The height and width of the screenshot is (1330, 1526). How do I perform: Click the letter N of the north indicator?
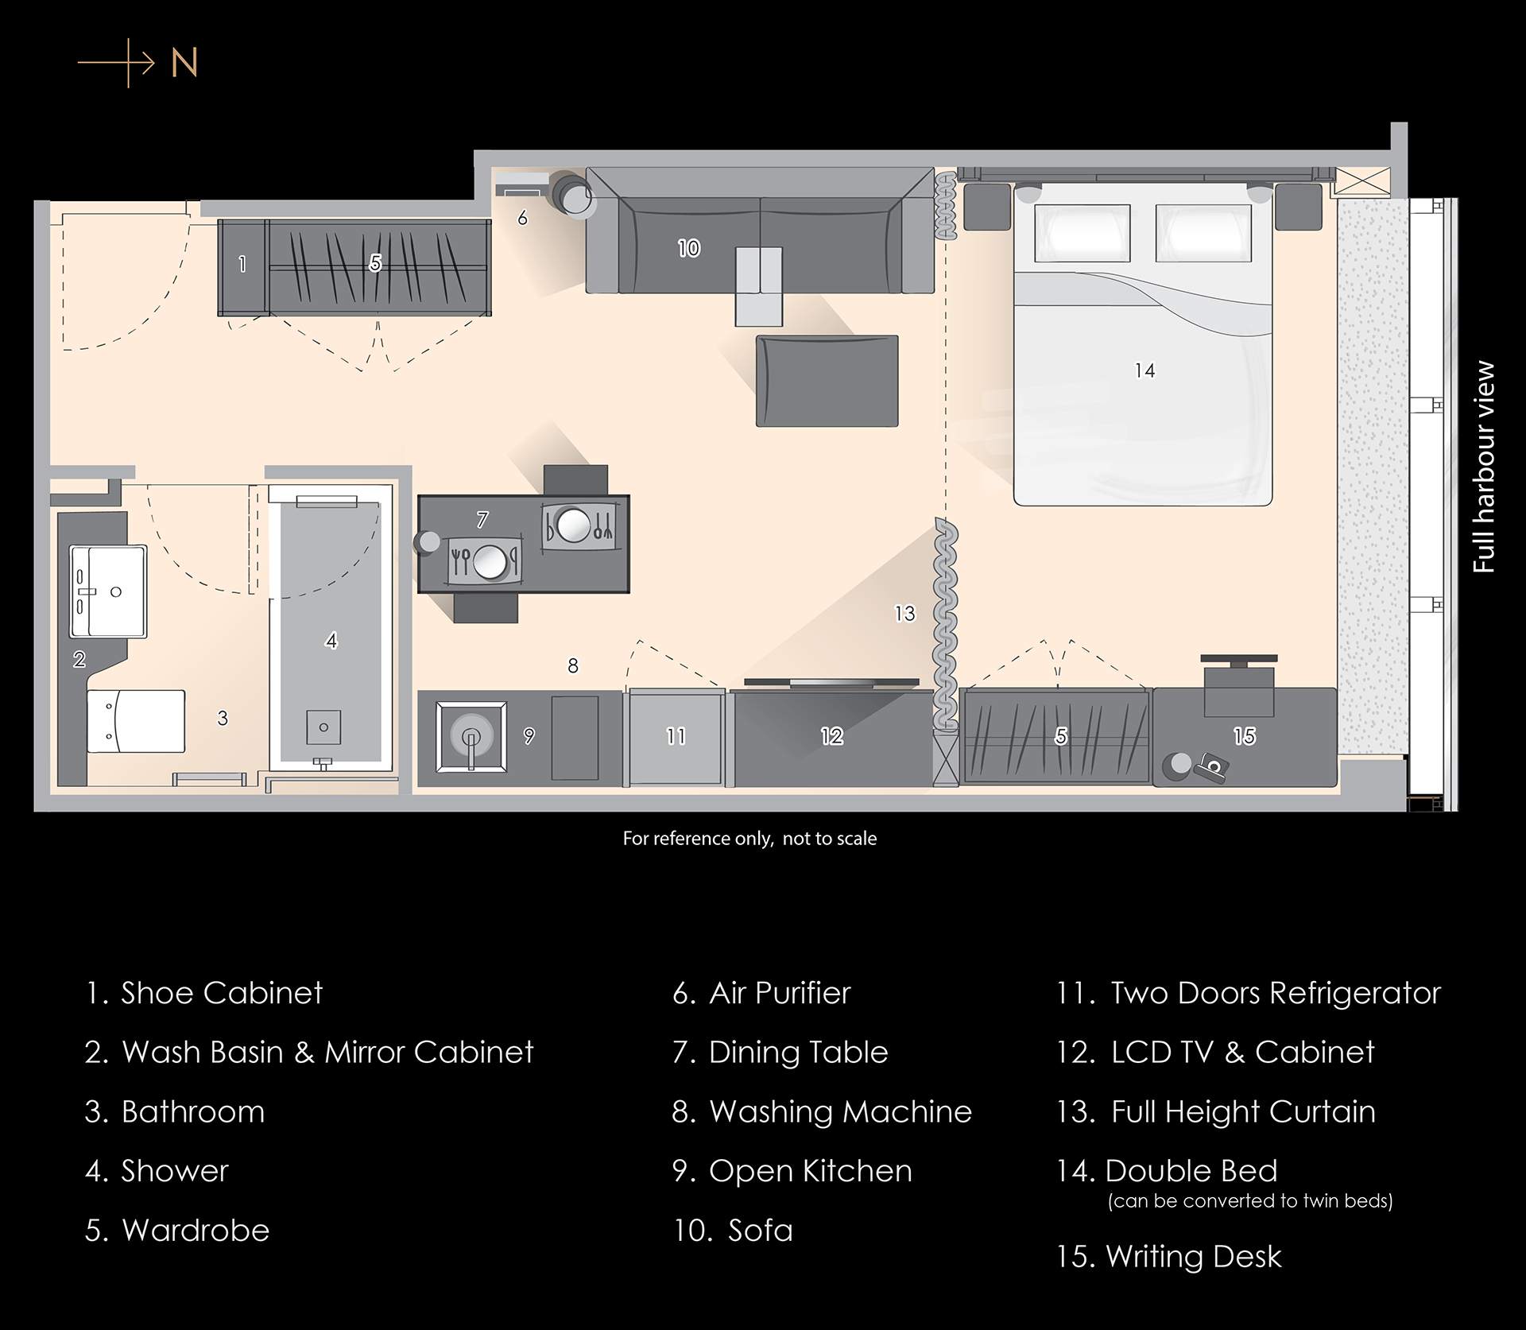(x=184, y=63)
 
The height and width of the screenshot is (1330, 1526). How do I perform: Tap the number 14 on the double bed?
(x=1144, y=370)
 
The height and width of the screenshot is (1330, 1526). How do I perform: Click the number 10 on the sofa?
(x=689, y=248)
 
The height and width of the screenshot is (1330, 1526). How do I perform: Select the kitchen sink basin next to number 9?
(x=471, y=737)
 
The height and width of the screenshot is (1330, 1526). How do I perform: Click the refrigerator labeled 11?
(x=675, y=738)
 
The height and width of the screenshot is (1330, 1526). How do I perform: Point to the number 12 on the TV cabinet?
(x=832, y=736)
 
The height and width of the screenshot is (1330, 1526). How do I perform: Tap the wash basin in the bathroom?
(x=108, y=591)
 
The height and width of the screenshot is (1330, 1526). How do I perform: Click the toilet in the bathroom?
(x=136, y=720)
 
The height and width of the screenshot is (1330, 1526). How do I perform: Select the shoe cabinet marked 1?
(x=242, y=267)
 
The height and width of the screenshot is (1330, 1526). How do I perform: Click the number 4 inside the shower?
(x=331, y=640)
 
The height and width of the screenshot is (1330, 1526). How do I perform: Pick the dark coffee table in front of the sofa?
(x=827, y=381)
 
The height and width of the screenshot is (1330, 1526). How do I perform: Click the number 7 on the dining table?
(x=482, y=520)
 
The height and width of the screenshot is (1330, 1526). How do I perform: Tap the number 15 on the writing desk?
(x=1245, y=736)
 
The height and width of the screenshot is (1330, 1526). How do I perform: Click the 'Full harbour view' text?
(x=1483, y=467)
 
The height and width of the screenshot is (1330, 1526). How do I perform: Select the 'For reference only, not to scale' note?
(x=749, y=838)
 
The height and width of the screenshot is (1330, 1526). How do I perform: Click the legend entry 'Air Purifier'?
(x=761, y=993)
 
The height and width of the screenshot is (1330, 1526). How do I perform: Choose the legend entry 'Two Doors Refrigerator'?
(x=1248, y=993)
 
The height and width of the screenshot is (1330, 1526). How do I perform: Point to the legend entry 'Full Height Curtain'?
(x=1215, y=1111)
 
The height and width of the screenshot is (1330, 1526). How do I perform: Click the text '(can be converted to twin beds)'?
(x=1250, y=1200)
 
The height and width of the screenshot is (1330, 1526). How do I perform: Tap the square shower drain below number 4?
(x=323, y=727)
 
